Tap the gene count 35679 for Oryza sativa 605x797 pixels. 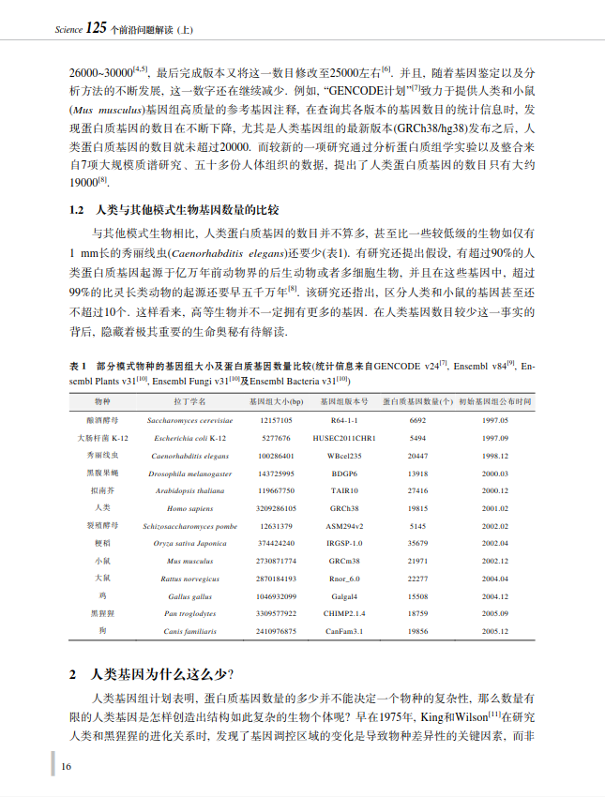(x=418, y=543)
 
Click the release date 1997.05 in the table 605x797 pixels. (x=495, y=421)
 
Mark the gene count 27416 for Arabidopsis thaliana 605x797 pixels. (x=418, y=490)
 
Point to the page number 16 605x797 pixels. (x=67, y=765)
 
